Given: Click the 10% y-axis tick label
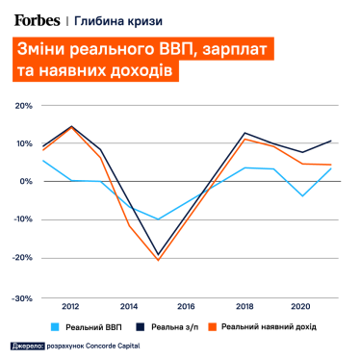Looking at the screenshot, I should [x=23, y=142].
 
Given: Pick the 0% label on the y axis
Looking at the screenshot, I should [x=26, y=181].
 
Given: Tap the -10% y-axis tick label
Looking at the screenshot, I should [x=22, y=219].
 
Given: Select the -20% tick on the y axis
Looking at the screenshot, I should [x=22, y=258].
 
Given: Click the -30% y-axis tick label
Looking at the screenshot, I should [x=22, y=297].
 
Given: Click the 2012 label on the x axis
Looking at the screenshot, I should [x=70, y=307].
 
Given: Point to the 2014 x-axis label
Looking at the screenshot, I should [x=129, y=307].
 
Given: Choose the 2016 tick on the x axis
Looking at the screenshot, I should [x=187, y=307].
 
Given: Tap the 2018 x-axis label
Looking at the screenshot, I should [x=245, y=307].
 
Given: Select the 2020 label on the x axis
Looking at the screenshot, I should [x=303, y=307].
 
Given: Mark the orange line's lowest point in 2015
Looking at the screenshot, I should [x=158, y=260].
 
